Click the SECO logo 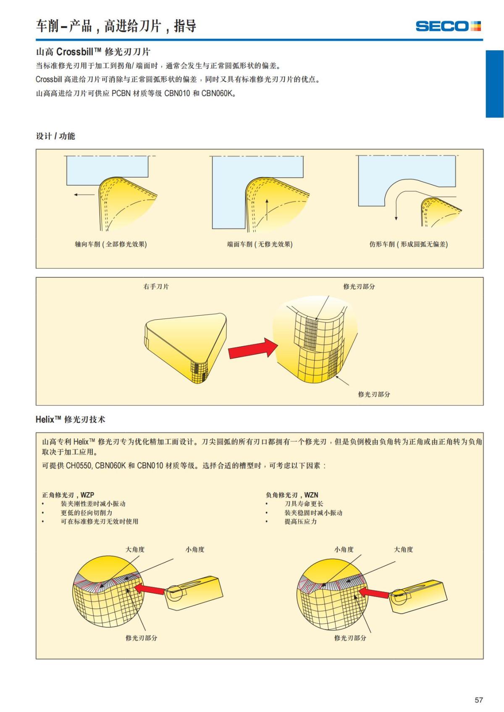pos(448,26)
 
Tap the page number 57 pos(478,700)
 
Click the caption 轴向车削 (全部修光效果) pos(111,244)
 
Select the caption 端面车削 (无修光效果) pos(260,244)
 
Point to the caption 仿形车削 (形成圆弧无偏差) pos(408,244)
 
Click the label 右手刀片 pos(156,287)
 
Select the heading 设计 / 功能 pos(55,136)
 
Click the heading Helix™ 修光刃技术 pos(71,419)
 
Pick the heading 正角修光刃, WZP pos(68,495)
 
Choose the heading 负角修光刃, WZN pos(292,495)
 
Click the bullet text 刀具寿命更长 pos(304,503)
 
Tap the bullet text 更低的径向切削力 pos(87,513)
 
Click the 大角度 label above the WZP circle pos(135,549)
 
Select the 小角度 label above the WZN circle pos(344,549)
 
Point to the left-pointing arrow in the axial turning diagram pos(84,195)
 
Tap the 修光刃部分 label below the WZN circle pos(350,638)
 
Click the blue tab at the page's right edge pos(494,84)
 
